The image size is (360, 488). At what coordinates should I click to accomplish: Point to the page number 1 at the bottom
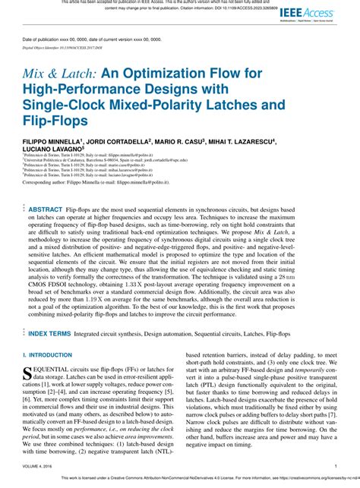(x=336, y=467)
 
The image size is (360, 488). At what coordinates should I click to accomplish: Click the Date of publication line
(x=81, y=38)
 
